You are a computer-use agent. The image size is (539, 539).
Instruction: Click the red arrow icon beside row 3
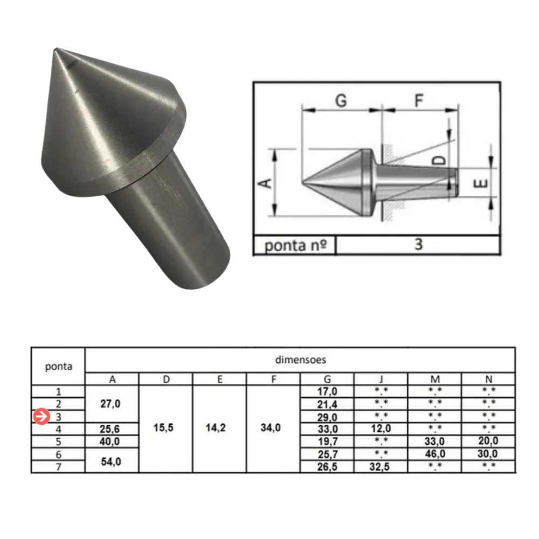click(40, 417)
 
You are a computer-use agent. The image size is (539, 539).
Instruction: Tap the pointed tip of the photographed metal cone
click(57, 51)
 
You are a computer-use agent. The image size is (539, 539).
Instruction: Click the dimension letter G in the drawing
click(341, 100)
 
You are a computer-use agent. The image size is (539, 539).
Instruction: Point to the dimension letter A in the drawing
click(265, 183)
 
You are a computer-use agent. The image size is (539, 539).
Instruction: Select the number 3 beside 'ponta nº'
click(418, 245)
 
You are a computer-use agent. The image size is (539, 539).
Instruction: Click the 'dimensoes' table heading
click(300, 360)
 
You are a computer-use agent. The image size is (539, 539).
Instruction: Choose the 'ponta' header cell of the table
click(58, 367)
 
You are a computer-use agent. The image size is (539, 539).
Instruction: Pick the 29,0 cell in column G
click(327, 417)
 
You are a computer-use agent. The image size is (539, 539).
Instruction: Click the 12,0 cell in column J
click(381, 429)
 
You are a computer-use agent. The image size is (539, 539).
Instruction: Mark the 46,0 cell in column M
click(435, 454)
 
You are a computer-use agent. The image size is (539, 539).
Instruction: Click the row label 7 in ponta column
click(58, 467)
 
